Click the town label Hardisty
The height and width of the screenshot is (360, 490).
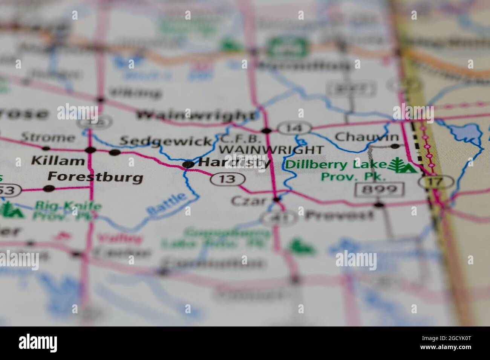click(x=234, y=163)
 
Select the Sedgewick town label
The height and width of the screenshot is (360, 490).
click(x=165, y=141)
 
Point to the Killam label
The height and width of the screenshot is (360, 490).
click(x=58, y=161)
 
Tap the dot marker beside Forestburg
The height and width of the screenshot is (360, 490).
click(x=49, y=188)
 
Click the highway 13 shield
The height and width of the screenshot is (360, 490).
click(x=228, y=179)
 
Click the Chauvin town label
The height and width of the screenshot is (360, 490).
click(x=367, y=136)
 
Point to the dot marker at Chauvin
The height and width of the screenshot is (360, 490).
click(x=395, y=146)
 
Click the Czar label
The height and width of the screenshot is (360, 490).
click(x=249, y=200)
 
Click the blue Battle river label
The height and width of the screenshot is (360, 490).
click(x=167, y=204)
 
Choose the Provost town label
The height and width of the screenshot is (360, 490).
click(x=339, y=215)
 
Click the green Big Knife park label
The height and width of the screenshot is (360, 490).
click(x=68, y=206)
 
